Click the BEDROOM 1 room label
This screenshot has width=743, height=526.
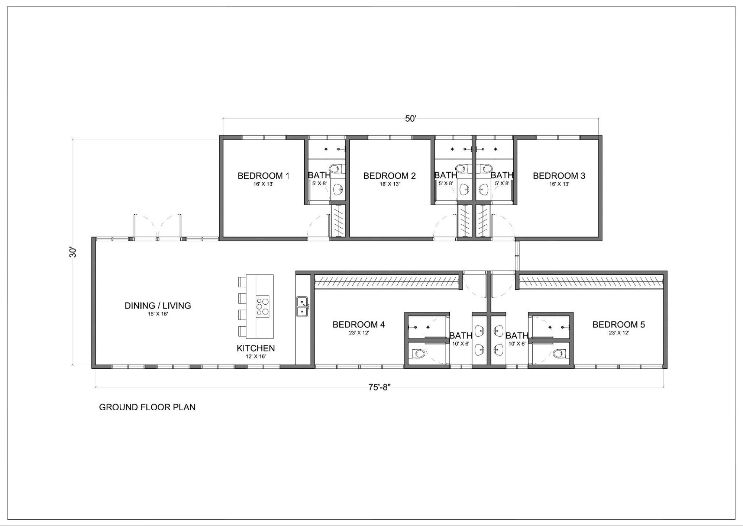coord(263,176)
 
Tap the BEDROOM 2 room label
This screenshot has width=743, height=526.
coord(389,176)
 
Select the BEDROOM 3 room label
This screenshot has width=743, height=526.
coord(559,176)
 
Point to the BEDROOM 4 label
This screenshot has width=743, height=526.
coord(359,325)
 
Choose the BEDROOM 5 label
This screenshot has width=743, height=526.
coord(618,325)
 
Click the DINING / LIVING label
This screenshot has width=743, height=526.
coord(158,306)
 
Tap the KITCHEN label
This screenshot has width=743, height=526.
coord(256,348)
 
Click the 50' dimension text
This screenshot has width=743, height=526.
coord(411,119)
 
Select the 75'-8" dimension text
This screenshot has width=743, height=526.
coord(379,387)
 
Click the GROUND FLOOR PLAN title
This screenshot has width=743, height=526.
coord(147,407)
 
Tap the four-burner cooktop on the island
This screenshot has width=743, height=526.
coord(262,307)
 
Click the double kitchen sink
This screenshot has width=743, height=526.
coord(302,307)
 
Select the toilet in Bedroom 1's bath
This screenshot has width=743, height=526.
coord(335,169)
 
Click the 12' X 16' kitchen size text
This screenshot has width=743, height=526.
coord(256,357)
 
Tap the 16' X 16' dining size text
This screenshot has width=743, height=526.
coord(158,314)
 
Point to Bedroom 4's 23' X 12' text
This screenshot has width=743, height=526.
coord(359,333)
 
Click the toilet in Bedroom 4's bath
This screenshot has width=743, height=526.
coord(418,353)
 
